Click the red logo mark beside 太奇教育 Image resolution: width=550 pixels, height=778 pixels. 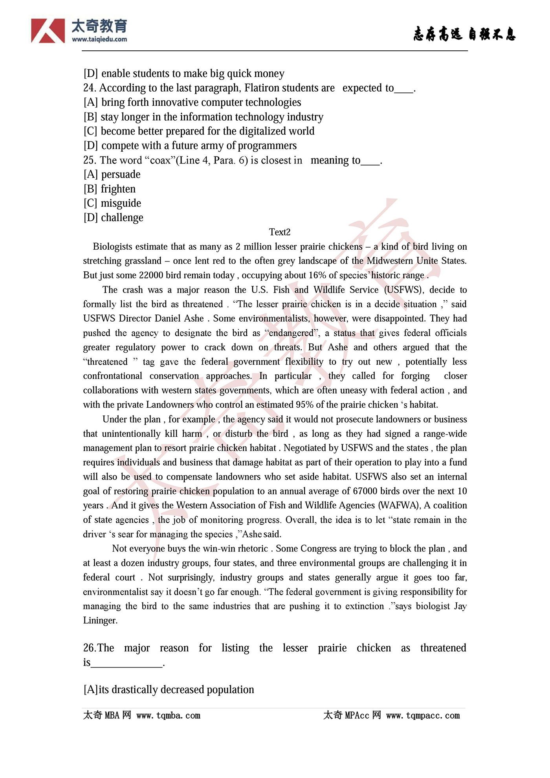(48, 31)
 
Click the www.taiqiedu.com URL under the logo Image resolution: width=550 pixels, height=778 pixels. (99, 39)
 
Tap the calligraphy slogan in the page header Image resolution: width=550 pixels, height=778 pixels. (464, 34)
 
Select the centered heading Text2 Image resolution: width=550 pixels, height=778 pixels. (280, 232)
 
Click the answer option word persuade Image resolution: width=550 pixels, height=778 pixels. (121, 174)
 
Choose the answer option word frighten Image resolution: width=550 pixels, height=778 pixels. (118, 189)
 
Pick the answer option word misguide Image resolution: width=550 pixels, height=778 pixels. (121, 203)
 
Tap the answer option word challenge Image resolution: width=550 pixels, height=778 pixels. (122, 217)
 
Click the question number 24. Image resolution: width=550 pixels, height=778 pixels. (90, 88)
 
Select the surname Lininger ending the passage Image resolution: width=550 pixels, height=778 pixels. (100, 620)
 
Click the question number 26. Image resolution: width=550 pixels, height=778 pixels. (90, 648)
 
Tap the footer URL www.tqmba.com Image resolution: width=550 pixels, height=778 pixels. (168, 715)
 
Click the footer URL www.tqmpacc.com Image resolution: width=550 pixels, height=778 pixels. (423, 715)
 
